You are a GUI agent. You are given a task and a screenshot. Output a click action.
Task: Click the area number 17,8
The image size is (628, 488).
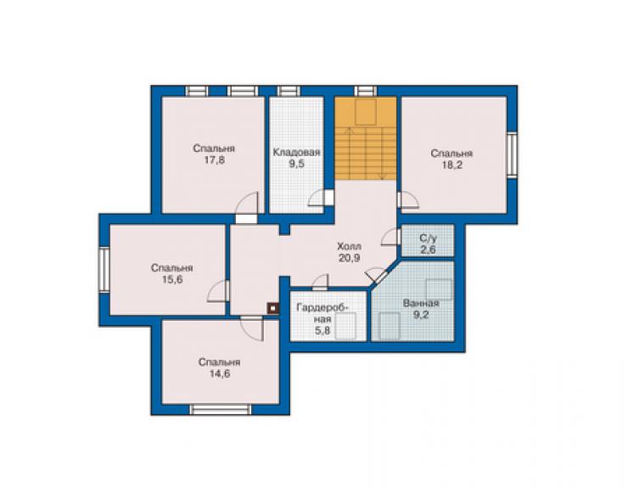(x=214, y=160)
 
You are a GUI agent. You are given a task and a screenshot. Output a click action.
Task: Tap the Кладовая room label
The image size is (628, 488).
(x=296, y=152)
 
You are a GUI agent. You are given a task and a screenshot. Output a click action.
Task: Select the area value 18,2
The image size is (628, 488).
(x=451, y=165)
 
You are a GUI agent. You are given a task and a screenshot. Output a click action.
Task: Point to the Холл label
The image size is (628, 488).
(x=350, y=245)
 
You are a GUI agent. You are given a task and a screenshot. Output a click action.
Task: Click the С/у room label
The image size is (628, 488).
(x=429, y=238)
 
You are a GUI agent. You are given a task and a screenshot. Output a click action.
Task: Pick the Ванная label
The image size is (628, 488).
(x=421, y=303)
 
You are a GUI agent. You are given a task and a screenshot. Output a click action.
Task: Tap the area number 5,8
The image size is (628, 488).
(x=322, y=331)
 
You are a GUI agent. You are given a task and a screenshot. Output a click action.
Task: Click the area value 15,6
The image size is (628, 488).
(x=172, y=279)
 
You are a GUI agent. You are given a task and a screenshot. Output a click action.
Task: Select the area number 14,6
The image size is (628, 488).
(x=220, y=373)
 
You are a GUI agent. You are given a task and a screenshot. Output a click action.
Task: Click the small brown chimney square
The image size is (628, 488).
(x=273, y=309)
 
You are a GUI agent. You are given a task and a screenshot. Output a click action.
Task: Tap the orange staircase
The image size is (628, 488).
(x=366, y=138)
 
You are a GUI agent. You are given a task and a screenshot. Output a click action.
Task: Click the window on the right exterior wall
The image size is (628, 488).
(x=512, y=154)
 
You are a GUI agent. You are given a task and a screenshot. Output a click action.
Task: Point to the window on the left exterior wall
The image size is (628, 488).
(x=104, y=270)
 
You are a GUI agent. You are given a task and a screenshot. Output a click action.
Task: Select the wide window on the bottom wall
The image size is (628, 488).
(x=221, y=409)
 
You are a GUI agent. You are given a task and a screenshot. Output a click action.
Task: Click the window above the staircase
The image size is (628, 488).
(x=366, y=91)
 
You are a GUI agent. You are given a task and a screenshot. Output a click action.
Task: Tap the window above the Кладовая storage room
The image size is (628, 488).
(x=289, y=91)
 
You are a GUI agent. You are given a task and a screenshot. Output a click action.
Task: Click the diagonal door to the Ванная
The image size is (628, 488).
(x=378, y=276)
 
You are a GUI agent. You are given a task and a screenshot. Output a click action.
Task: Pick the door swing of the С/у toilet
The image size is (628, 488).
(x=391, y=237)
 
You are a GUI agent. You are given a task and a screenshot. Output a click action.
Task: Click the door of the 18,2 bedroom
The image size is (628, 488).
(x=408, y=200)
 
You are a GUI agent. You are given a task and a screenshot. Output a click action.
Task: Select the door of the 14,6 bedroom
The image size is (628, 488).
(x=252, y=328)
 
